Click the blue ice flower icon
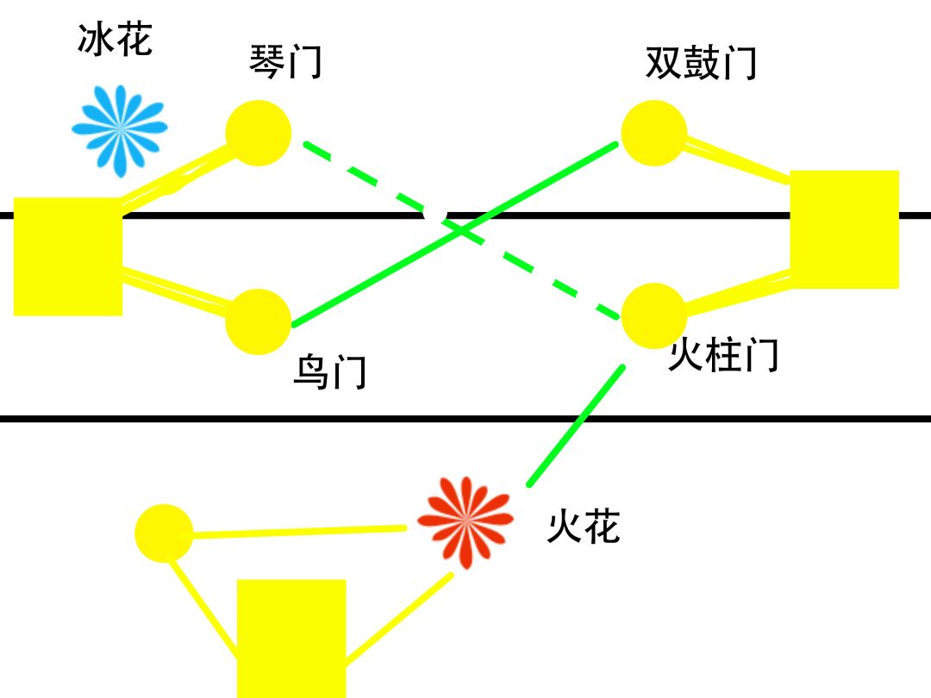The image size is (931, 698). (x=120, y=131)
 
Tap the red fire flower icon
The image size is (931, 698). (x=465, y=521)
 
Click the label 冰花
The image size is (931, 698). (x=115, y=40)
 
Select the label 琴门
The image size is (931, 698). (x=285, y=62)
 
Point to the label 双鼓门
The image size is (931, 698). (x=701, y=62)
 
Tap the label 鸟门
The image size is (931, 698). (x=330, y=371)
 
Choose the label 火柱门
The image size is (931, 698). (x=723, y=354)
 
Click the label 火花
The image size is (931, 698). (x=584, y=526)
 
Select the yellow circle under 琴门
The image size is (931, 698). (x=259, y=133)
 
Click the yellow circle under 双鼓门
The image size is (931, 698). (x=654, y=133)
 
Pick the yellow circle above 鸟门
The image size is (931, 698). (x=259, y=321)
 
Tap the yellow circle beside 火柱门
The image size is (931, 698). (x=653, y=315)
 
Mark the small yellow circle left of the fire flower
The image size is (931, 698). (x=164, y=533)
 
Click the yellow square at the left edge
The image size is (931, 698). (x=68, y=257)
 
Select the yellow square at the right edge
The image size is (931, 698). (x=844, y=230)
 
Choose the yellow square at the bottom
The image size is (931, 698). (x=291, y=639)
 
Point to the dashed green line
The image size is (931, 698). (x=461, y=230)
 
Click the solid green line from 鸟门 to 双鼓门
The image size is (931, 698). (x=455, y=234)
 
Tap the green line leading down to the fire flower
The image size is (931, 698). (x=576, y=426)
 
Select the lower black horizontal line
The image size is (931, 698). (x=465, y=419)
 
